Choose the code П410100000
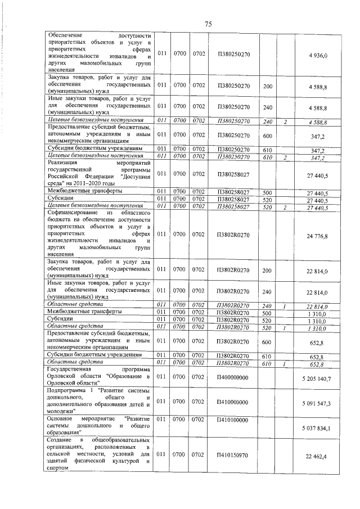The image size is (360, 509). click(x=233, y=420)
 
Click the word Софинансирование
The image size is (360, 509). click(x=73, y=214)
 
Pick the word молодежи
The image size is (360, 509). click(x=62, y=411)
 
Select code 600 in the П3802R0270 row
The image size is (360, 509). click(x=268, y=342)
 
